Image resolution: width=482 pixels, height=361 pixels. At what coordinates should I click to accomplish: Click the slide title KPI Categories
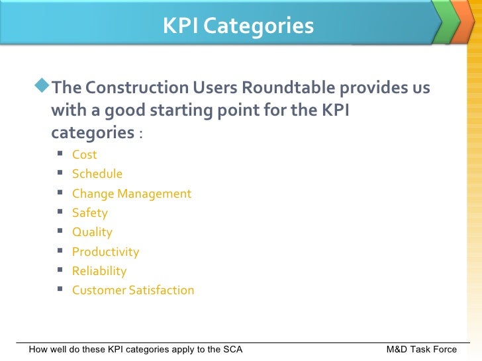238,26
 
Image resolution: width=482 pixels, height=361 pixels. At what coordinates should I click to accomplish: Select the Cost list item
84,155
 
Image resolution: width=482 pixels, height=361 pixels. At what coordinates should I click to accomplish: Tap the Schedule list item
97,174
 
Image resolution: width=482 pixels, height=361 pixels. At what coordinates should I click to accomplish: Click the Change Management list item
131,194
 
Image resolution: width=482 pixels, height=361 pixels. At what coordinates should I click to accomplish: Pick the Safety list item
89,213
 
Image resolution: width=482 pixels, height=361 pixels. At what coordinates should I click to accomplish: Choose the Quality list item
92,232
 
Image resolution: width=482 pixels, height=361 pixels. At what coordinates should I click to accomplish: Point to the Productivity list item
105,252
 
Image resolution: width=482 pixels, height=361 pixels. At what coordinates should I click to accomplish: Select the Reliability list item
99,271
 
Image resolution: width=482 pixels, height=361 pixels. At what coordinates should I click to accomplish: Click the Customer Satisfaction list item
132,290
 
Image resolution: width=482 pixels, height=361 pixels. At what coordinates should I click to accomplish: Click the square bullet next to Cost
60,154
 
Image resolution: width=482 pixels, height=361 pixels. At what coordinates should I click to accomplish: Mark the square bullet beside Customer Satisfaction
60,290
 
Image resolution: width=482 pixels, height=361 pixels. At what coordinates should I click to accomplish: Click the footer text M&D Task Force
421,349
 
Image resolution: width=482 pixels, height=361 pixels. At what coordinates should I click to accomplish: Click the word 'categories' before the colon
93,133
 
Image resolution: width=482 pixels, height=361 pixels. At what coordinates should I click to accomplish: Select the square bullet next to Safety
60,212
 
